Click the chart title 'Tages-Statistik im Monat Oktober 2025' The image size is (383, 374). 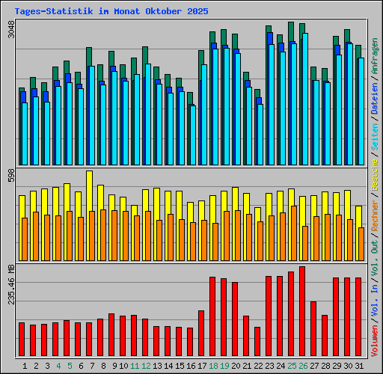[111, 12]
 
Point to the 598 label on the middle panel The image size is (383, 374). [10, 178]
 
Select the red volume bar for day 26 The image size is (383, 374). [302, 311]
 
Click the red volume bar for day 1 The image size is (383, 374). [22, 340]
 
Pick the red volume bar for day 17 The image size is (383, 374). [201, 334]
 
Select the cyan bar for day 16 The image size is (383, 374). [193, 135]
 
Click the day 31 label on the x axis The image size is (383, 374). [359, 366]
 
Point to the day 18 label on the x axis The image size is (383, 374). [213, 366]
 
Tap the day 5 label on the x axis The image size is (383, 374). [70, 366]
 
